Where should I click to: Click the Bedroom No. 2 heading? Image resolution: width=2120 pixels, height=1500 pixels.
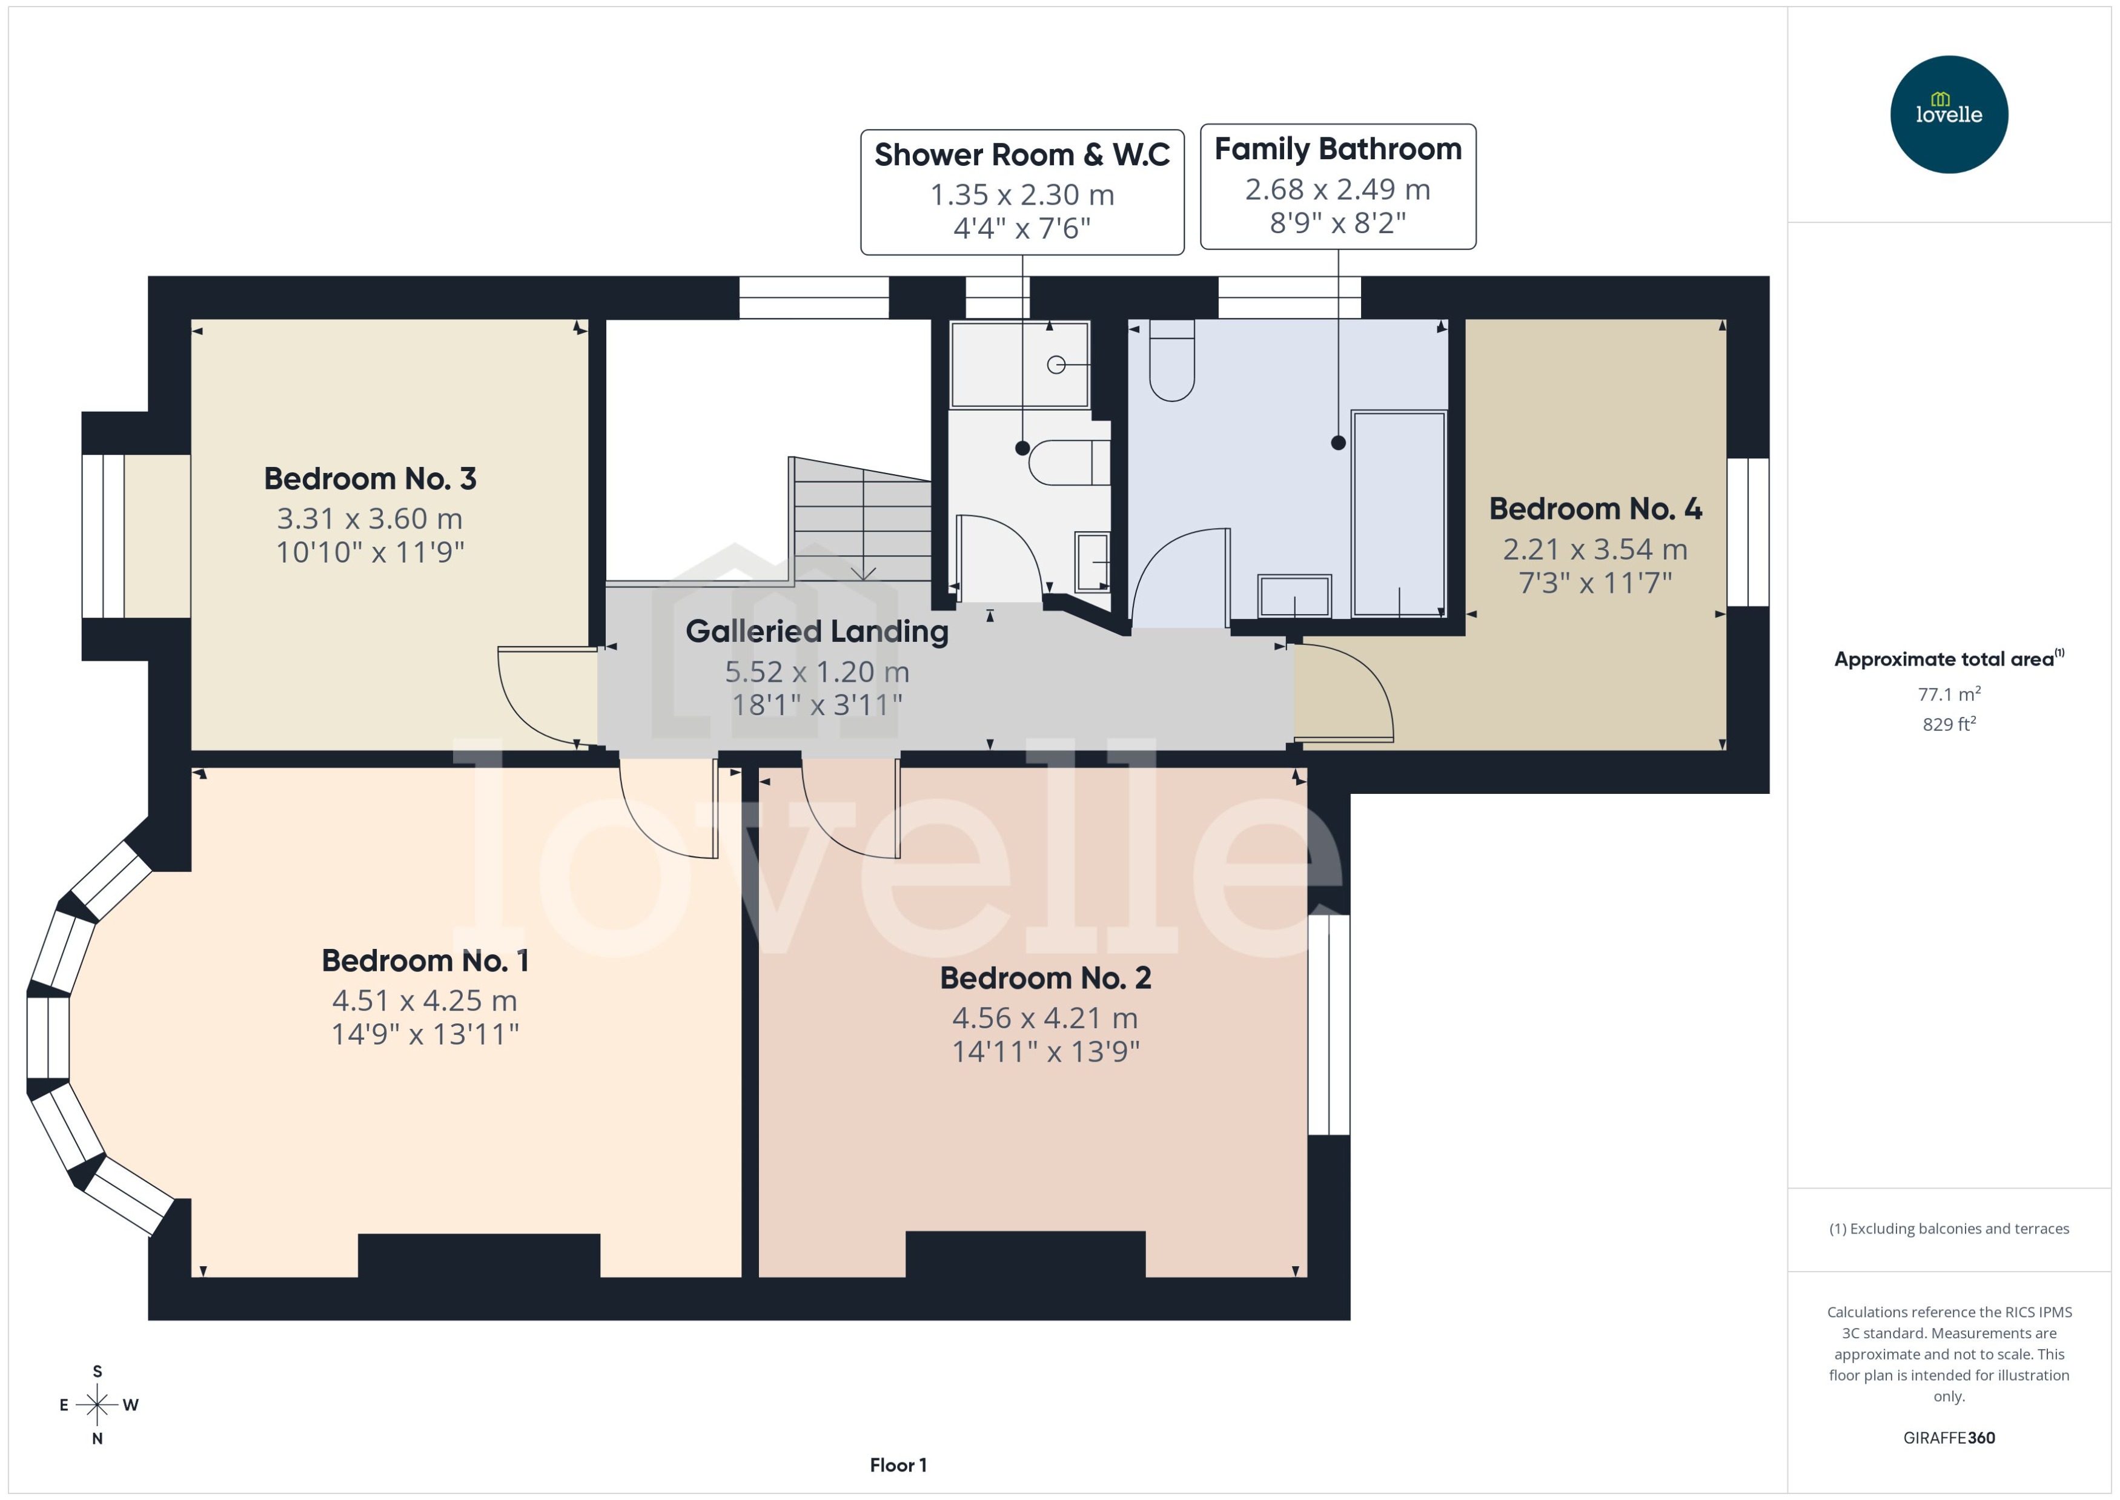[x=1045, y=977]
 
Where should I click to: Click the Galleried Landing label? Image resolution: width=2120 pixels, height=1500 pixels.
[x=817, y=631]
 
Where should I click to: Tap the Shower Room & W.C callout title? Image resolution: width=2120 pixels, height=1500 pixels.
[x=1022, y=154]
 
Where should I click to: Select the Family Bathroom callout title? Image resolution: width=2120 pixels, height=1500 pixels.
[x=1337, y=149]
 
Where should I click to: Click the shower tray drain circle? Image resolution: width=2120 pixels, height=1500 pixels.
[x=1056, y=365]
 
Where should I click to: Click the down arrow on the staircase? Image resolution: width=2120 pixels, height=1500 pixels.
[x=863, y=573]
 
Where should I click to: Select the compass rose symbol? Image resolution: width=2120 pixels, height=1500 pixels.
[x=97, y=1405]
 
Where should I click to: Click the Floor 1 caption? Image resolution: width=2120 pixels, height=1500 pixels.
[x=897, y=1465]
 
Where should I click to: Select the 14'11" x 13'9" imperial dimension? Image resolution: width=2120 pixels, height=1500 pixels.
[x=1045, y=1051]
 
